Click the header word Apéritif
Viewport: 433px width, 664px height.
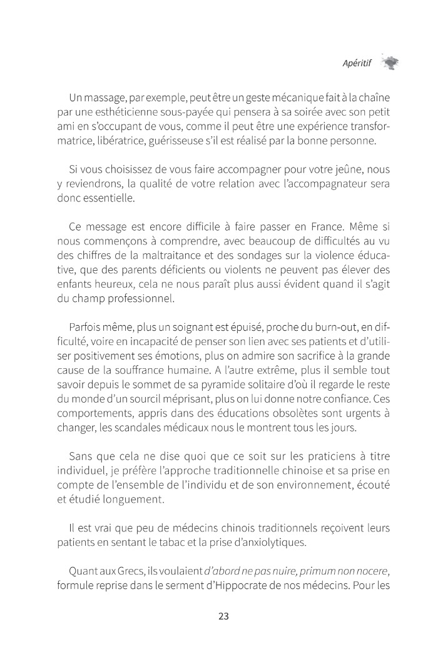click(x=357, y=63)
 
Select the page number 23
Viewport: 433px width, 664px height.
click(x=224, y=616)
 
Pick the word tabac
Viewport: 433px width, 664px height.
click(x=178, y=542)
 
